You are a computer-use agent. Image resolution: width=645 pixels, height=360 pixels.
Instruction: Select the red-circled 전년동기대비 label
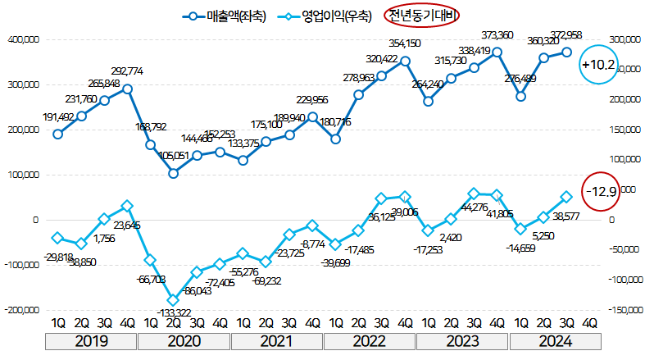420,15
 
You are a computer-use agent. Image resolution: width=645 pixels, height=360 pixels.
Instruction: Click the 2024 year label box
556,342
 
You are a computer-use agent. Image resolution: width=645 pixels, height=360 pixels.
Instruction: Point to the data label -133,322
173,312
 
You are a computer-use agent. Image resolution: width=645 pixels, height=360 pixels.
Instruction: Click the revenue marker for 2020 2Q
174,173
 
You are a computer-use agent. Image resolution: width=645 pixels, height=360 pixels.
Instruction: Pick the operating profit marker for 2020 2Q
174,300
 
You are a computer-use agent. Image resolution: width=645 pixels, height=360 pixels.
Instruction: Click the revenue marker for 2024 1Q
520,96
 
